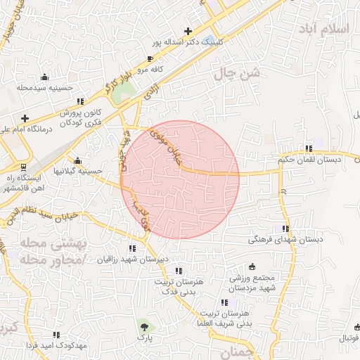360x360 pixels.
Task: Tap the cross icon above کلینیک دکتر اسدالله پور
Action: pyautogui.click(x=188, y=31)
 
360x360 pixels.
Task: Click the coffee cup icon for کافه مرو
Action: pyautogui.click(x=149, y=59)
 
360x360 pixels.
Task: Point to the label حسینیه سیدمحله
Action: pyautogui.click(x=46, y=88)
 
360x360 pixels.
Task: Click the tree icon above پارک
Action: pyautogui.click(x=145, y=326)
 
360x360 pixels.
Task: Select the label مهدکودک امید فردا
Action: pyautogui.click(x=56, y=347)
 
